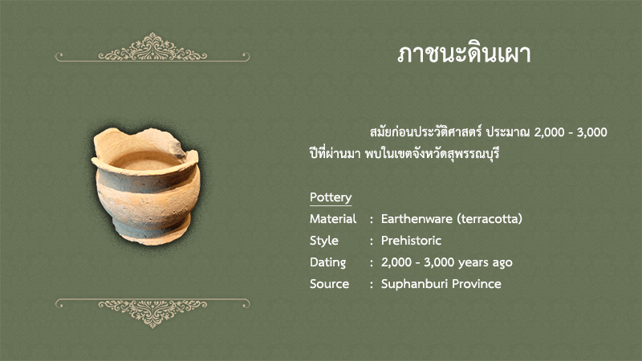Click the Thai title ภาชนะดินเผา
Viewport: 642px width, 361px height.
(x=464, y=54)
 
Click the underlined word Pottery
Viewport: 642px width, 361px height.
(x=331, y=197)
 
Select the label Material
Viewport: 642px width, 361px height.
(x=333, y=219)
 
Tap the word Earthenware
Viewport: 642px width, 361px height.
(x=416, y=219)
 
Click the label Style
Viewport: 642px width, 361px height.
(x=324, y=241)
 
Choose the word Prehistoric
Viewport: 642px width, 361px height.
(x=411, y=241)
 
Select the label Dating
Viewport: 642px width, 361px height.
(x=327, y=262)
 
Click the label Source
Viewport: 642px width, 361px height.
(x=329, y=284)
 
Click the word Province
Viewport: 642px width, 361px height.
(x=477, y=284)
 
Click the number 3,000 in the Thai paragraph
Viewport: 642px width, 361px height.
(x=592, y=132)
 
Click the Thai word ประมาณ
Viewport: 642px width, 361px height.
(x=508, y=132)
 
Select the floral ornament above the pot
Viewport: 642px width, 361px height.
(x=152, y=47)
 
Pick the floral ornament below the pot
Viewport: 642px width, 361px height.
(x=152, y=313)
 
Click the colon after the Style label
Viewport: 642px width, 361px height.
(x=372, y=241)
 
